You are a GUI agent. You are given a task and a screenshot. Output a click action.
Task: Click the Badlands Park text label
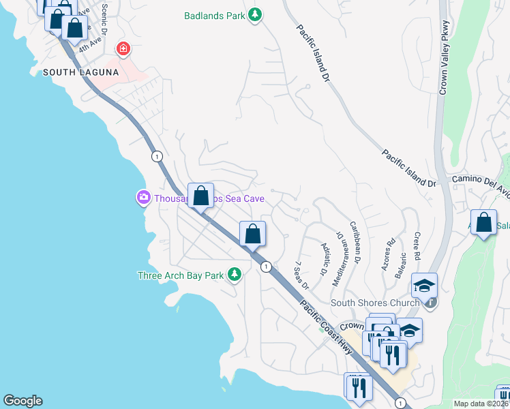point(214,15)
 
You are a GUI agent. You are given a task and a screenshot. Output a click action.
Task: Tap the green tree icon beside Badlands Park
point(255,14)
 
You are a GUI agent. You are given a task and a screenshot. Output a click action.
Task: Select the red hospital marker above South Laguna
point(123,48)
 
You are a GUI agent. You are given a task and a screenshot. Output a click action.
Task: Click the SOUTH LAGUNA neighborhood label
point(81,72)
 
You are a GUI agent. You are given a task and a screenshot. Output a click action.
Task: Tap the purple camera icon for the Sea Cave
point(143,198)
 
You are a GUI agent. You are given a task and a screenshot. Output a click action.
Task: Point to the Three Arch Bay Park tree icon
point(235,275)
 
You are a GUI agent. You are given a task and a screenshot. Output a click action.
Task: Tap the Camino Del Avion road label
point(480,179)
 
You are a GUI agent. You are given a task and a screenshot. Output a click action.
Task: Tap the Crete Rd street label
point(417,248)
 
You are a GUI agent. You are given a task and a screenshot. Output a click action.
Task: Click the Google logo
point(22,401)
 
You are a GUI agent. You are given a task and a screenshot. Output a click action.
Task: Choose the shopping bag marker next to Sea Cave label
point(200,196)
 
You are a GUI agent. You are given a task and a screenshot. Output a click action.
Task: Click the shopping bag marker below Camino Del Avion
point(483,222)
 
